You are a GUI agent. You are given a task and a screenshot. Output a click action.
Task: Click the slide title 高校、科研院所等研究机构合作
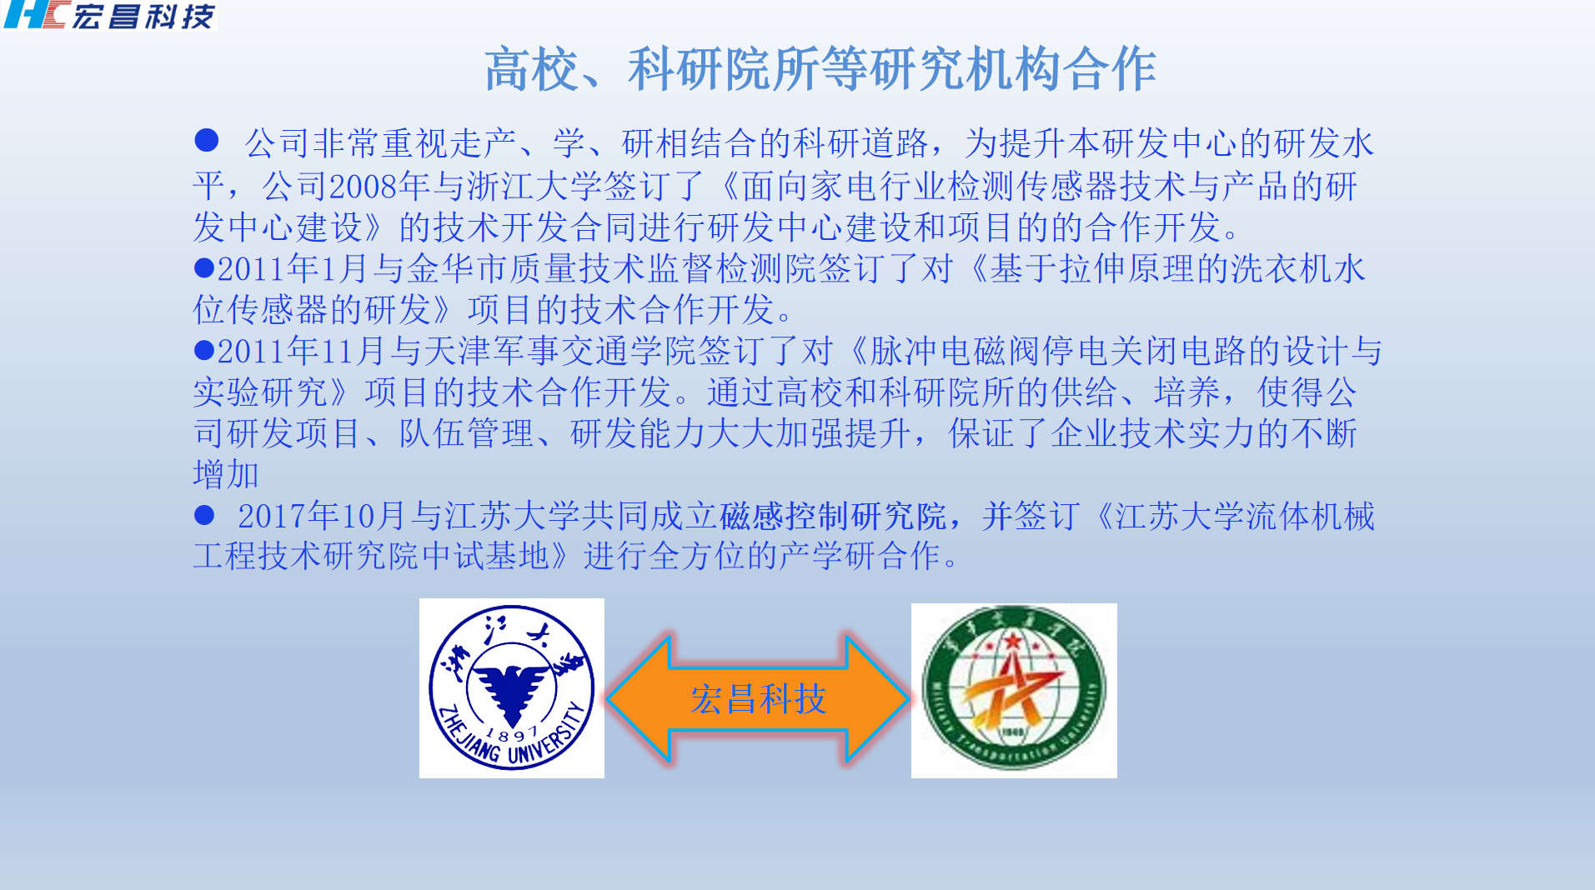click(820, 69)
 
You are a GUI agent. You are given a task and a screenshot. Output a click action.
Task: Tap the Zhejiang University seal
click(511, 687)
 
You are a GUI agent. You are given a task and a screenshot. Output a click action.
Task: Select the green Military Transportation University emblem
click(1014, 690)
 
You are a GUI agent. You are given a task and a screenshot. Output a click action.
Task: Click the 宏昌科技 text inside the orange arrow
click(758, 698)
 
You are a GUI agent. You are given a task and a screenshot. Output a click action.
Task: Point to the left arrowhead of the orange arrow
click(639, 698)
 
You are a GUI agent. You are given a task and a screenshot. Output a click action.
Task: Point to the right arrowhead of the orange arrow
click(877, 698)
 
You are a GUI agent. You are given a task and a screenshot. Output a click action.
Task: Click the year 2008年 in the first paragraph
click(379, 186)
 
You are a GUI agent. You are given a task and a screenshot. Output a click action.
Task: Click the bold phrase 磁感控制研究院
click(832, 516)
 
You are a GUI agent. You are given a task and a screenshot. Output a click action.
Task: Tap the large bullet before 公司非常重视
click(206, 140)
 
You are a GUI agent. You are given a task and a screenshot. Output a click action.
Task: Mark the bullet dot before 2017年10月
click(204, 515)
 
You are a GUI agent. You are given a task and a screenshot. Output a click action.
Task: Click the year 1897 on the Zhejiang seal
click(511, 734)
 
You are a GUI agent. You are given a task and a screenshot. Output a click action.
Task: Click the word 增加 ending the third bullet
click(226, 474)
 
